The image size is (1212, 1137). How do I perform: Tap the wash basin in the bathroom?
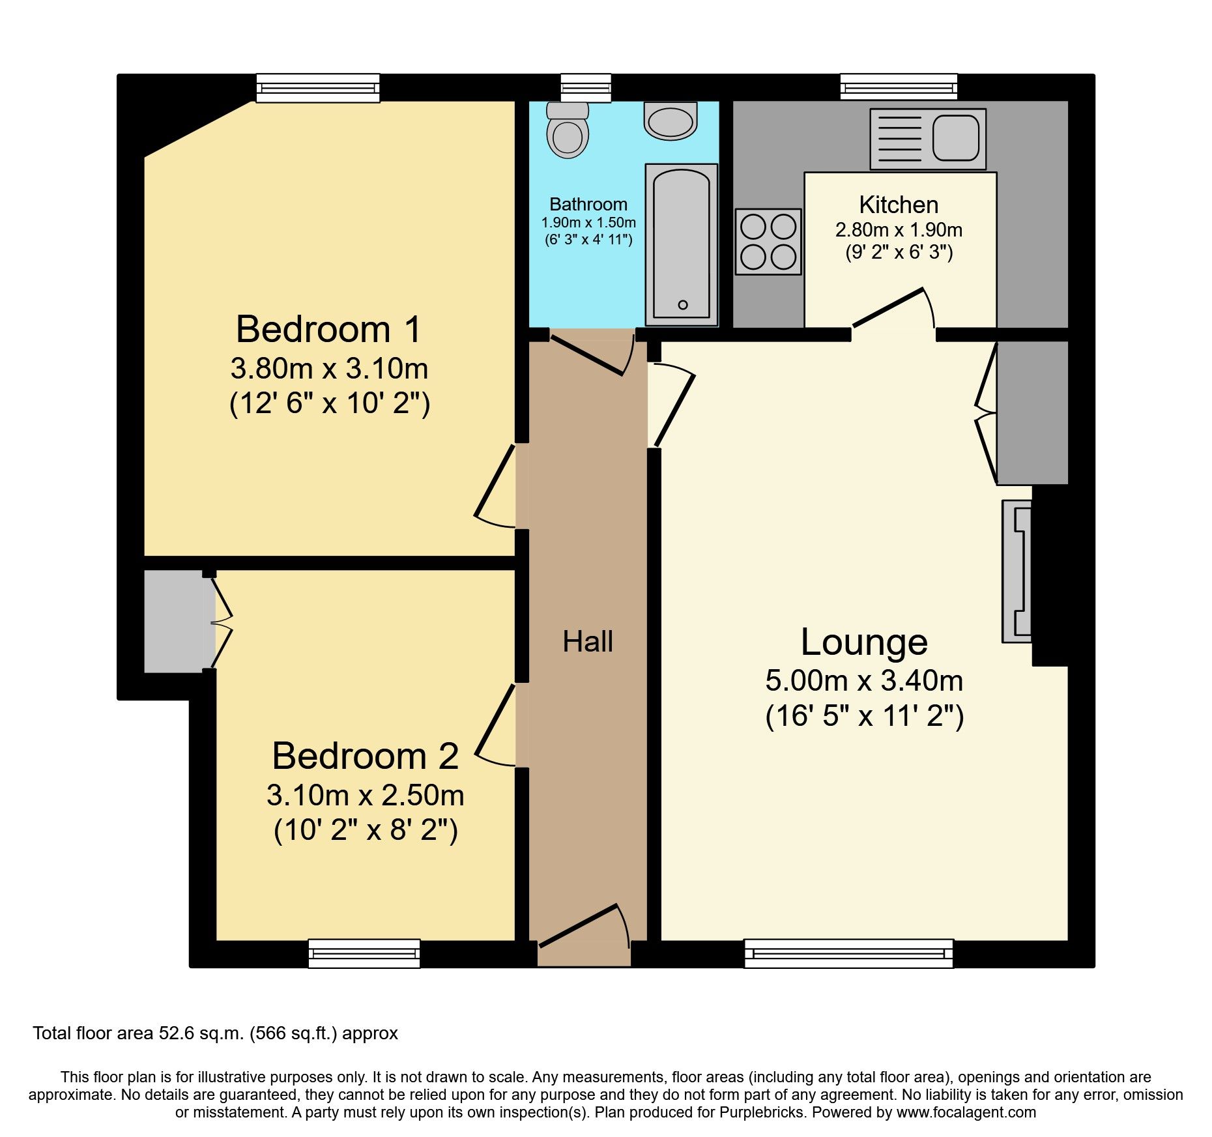tap(671, 121)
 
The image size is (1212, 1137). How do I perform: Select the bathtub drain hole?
tap(682, 305)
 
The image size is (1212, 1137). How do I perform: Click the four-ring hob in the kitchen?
tap(768, 242)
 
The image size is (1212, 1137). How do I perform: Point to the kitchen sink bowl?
tap(956, 138)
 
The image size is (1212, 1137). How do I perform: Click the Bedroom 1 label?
tap(328, 329)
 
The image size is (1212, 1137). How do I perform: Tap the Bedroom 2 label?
tap(365, 756)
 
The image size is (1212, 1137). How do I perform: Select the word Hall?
tap(588, 642)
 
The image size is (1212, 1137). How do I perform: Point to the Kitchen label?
tap(899, 205)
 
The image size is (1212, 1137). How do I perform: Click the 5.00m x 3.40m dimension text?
tap(864, 681)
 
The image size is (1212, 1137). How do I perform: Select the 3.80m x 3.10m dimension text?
tap(329, 369)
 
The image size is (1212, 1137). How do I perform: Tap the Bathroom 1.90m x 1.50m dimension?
tap(588, 223)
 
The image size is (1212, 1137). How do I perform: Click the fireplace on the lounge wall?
tap(1017, 571)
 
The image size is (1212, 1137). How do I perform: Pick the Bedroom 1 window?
tap(318, 88)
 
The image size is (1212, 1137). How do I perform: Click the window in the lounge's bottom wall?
tap(848, 953)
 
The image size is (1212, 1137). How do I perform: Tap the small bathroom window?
tap(586, 88)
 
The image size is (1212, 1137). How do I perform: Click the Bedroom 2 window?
tap(364, 953)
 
